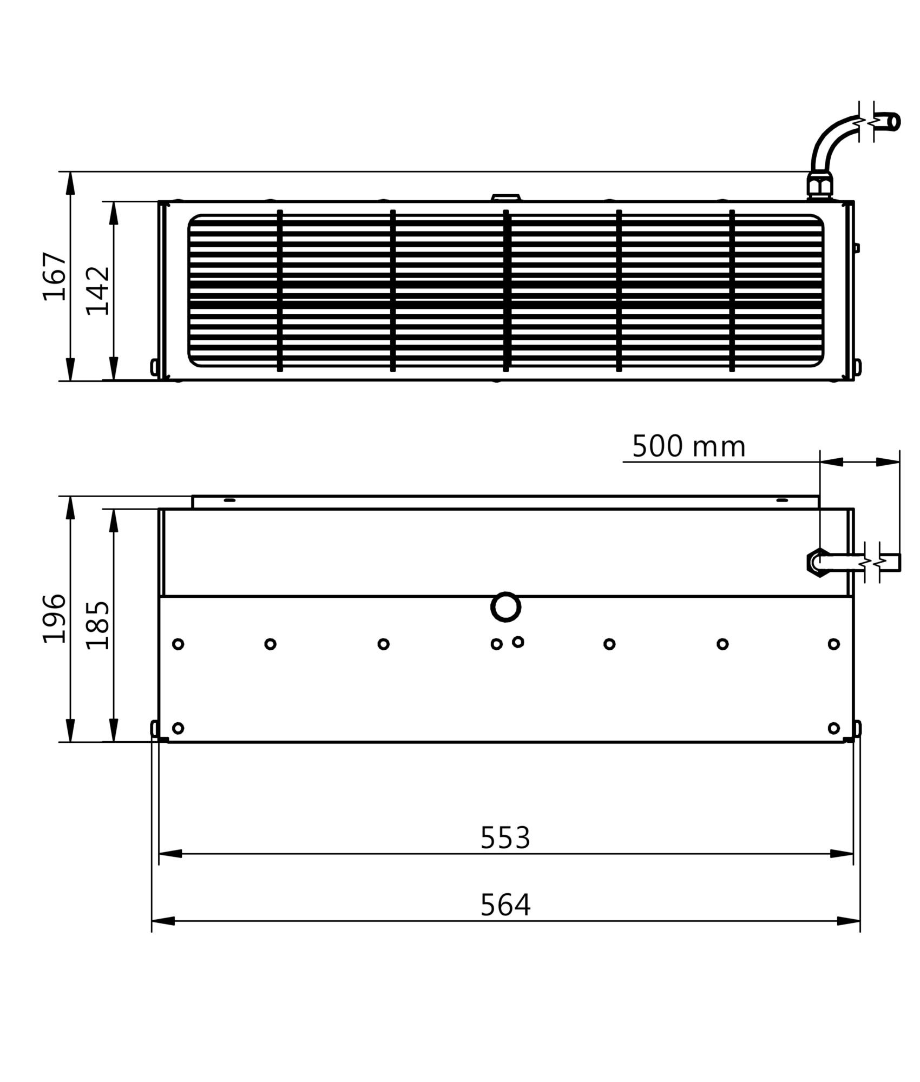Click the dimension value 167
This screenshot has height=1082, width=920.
tap(55, 276)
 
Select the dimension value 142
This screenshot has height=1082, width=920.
tap(98, 291)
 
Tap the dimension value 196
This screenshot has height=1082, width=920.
tap(55, 618)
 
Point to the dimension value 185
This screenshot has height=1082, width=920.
tap(98, 625)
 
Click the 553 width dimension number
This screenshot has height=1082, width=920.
tap(505, 838)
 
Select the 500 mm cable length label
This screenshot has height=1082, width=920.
tap(689, 447)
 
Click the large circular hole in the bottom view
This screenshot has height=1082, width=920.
tap(505, 607)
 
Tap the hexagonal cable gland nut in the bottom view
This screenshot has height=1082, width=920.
tap(818, 563)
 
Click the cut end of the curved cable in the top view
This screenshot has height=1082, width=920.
tap(895, 122)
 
